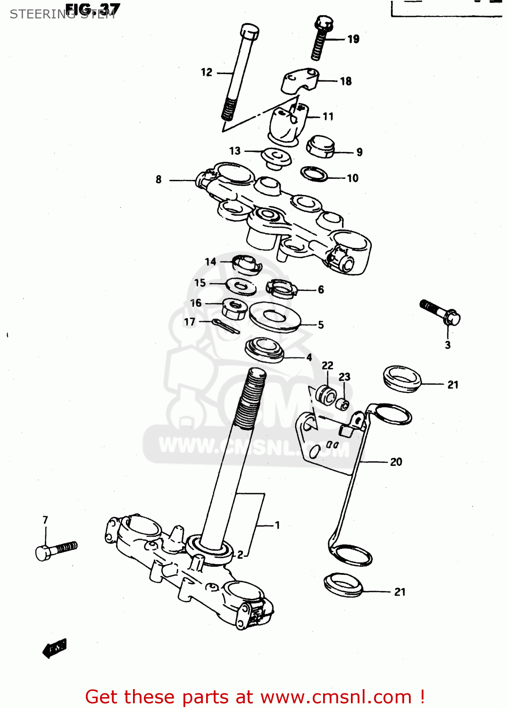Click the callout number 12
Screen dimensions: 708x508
coord(207,72)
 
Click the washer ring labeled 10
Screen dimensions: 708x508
coord(314,174)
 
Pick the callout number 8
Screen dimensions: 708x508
coord(158,179)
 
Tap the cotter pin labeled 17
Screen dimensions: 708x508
coord(225,326)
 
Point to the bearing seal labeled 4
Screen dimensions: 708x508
coord(265,350)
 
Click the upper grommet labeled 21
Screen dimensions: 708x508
coord(401,378)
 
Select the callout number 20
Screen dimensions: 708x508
coord(396,462)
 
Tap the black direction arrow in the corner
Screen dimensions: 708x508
coord(54,648)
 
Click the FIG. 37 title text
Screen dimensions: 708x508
coord(92,9)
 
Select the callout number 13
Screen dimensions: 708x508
coord(234,151)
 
